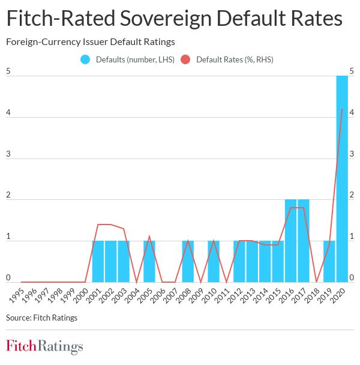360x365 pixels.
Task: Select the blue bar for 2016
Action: [x=290, y=241]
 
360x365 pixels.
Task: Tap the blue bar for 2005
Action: [x=149, y=262]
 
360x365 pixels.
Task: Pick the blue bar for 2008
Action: [x=188, y=262]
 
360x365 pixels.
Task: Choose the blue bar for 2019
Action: [x=329, y=262]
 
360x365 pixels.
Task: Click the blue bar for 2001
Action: [x=98, y=262]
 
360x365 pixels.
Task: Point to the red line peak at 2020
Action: [x=342, y=109]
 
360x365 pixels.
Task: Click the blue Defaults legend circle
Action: [x=85, y=59]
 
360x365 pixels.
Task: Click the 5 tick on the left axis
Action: [x=8, y=71]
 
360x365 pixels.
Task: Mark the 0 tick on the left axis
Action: [x=8, y=277]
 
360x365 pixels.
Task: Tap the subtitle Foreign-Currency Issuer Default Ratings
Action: [x=90, y=42]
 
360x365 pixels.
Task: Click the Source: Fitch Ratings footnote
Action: [x=41, y=318]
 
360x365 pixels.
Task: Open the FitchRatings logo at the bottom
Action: [x=44, y=346]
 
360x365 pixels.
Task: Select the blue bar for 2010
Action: [x=214, y=262]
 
